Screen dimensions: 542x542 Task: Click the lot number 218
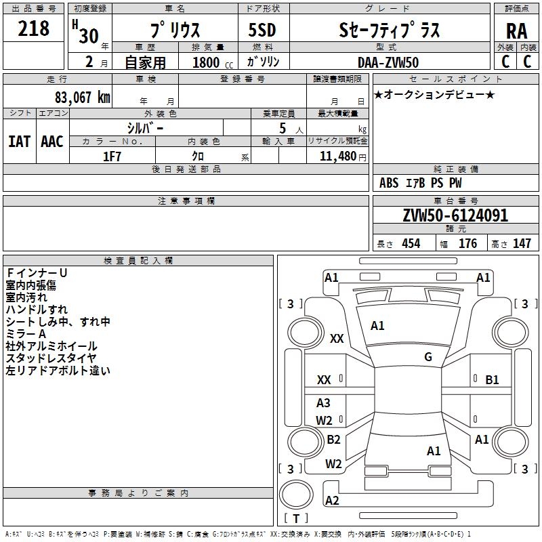(x=33, y=28)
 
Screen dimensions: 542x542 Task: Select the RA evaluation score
(x=516, y=31)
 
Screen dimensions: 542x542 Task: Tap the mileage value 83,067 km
(x=82, y=97)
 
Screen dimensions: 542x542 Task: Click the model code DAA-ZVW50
(x=388, y=62)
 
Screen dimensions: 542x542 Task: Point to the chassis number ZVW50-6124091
(x=455, y=215)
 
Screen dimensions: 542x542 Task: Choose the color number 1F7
(x=112, y=157)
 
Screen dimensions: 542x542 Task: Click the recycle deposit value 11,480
(x=338, y=157)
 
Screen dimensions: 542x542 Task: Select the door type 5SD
(x=262, y=30)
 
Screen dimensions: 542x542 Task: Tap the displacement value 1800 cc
(x=213, y=62)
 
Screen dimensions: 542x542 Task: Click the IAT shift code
(x=19, y=142)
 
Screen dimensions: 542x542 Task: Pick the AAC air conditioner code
(x=52, y=142)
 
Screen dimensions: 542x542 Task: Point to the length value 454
(x=411, y=243)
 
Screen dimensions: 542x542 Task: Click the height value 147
(x=522, y=243)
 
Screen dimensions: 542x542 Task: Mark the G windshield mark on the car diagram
(x=428, y=357)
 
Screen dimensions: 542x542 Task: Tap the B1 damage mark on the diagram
(x=492, y=380)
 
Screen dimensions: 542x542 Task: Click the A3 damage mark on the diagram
(x=323, y=402)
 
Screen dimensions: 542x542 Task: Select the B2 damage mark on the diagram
(x=333, y=439)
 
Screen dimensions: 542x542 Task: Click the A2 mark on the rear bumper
(x=332, y=501)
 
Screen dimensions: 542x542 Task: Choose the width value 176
(x=467, y=243)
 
